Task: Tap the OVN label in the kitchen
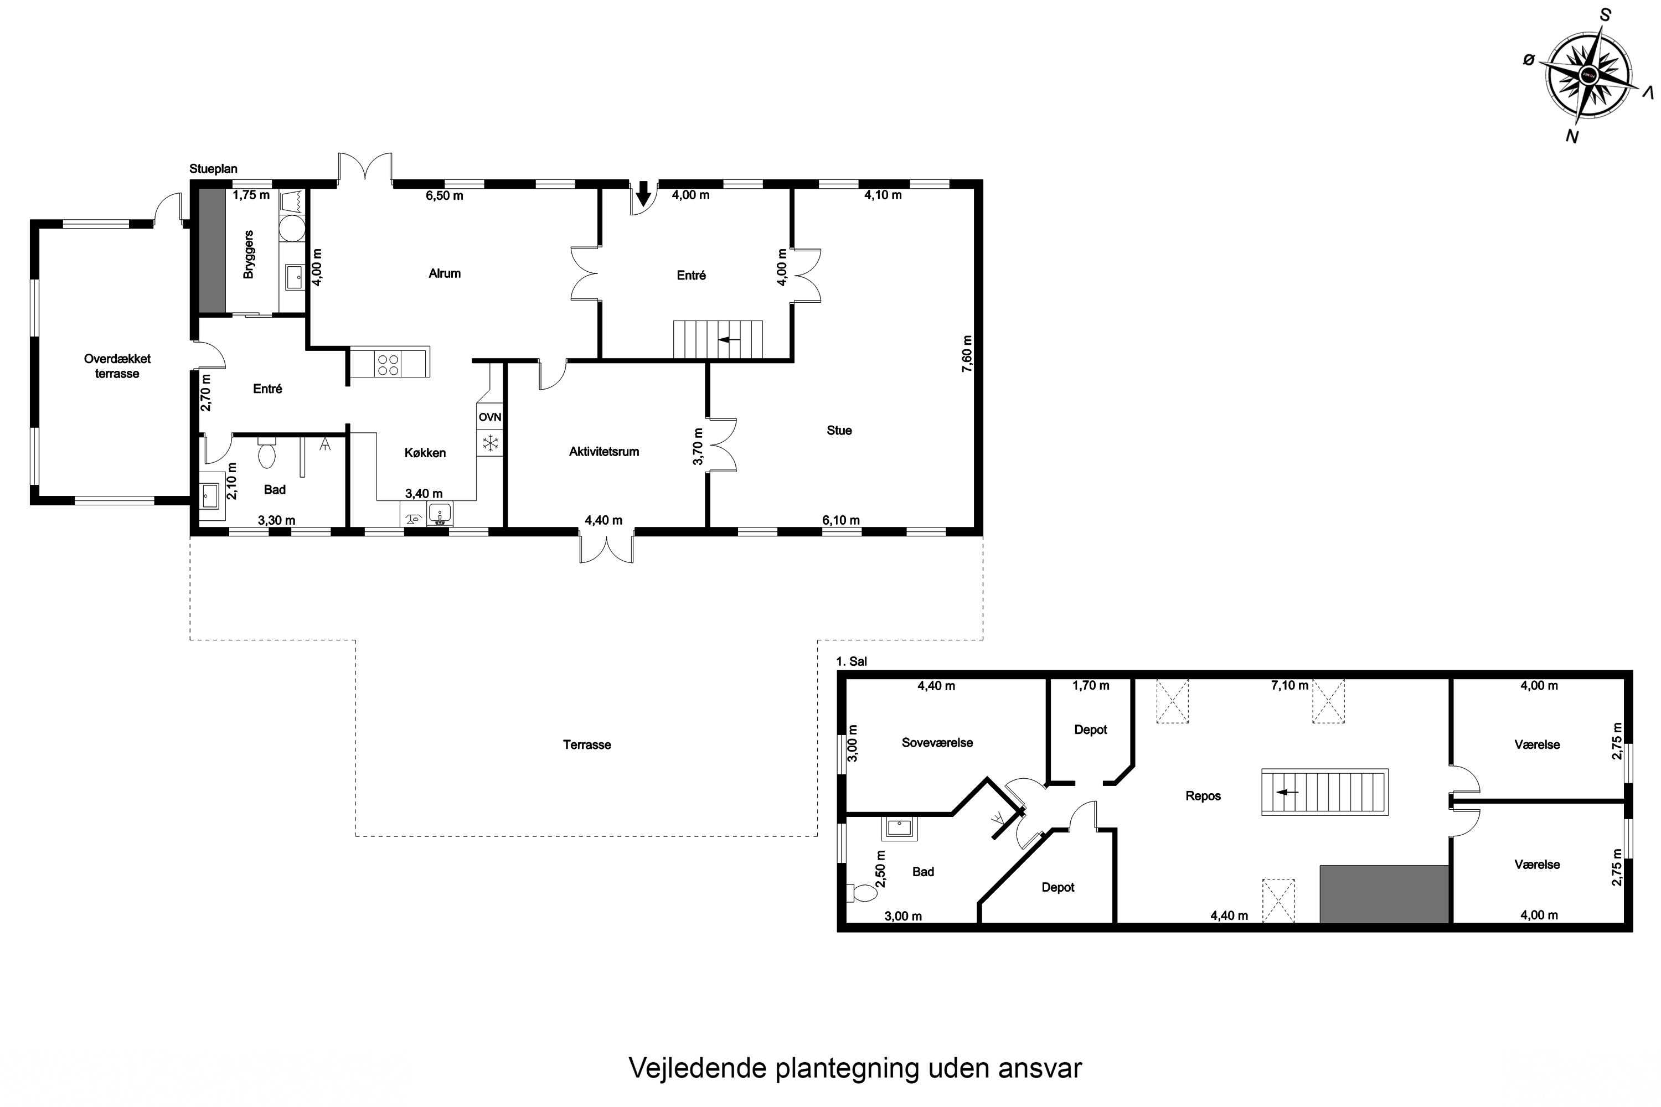pyautogui.click(x=489, y=417)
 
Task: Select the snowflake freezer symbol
pyautogui.click(x=489, y=443)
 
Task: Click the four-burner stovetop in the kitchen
pyautogui.click(x=388, y=364)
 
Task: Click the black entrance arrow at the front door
pyautogui.click(x=643, y=192)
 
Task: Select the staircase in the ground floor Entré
pyautogui.click(x=718, y=340)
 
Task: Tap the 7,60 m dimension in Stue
pyautogui.click(x=967, y=353)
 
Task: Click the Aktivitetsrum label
pyautogui.click(x=604, y=451)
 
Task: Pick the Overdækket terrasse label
pyautogui.click(x=117, y=366)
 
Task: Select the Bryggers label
pyautogui.click(x=248, y=254)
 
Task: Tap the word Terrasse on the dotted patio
pyautogui.click(x=586, y=744)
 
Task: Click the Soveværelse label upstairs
pyautogui.click(x=937, y=743)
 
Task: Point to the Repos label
pyautogui.click(x=1203, y=796)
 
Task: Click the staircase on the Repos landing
pyautogui.click(x=1325, y=792)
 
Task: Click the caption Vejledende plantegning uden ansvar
pyautogui.click(x=854, y=1068)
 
